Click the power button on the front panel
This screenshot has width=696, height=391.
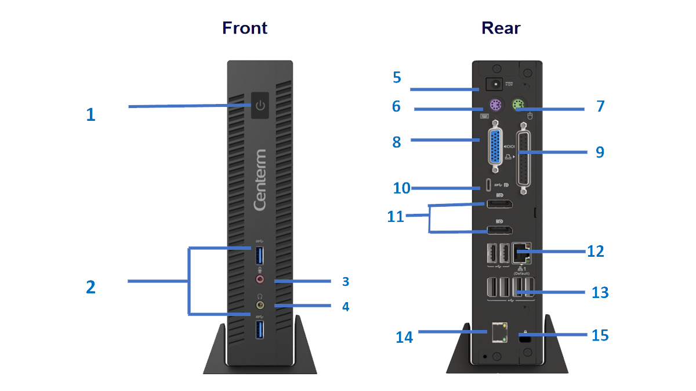click(x=260, y=105)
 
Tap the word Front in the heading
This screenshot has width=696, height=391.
click(x=245, y=28)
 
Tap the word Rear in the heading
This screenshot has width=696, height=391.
click(x=501, y=28)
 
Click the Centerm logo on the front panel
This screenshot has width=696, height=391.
click(x=260, y=180)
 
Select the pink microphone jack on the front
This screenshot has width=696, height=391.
click(x=260, y=279)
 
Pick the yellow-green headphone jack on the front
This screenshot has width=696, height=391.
click(x=260, y=304)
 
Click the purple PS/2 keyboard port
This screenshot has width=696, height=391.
click(x=495, y=106)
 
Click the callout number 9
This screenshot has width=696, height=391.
click(x=600, y=152)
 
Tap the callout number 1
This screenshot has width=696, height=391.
click(x=90, y=114)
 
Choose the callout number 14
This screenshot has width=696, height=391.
click(x=404, y=337)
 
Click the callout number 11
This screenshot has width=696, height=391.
click(x=396, y=217)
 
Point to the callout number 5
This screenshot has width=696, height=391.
click(x=397, y=77)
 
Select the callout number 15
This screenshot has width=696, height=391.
click(x=600, y=335)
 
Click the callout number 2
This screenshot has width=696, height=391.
click(x=90, y=287)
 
